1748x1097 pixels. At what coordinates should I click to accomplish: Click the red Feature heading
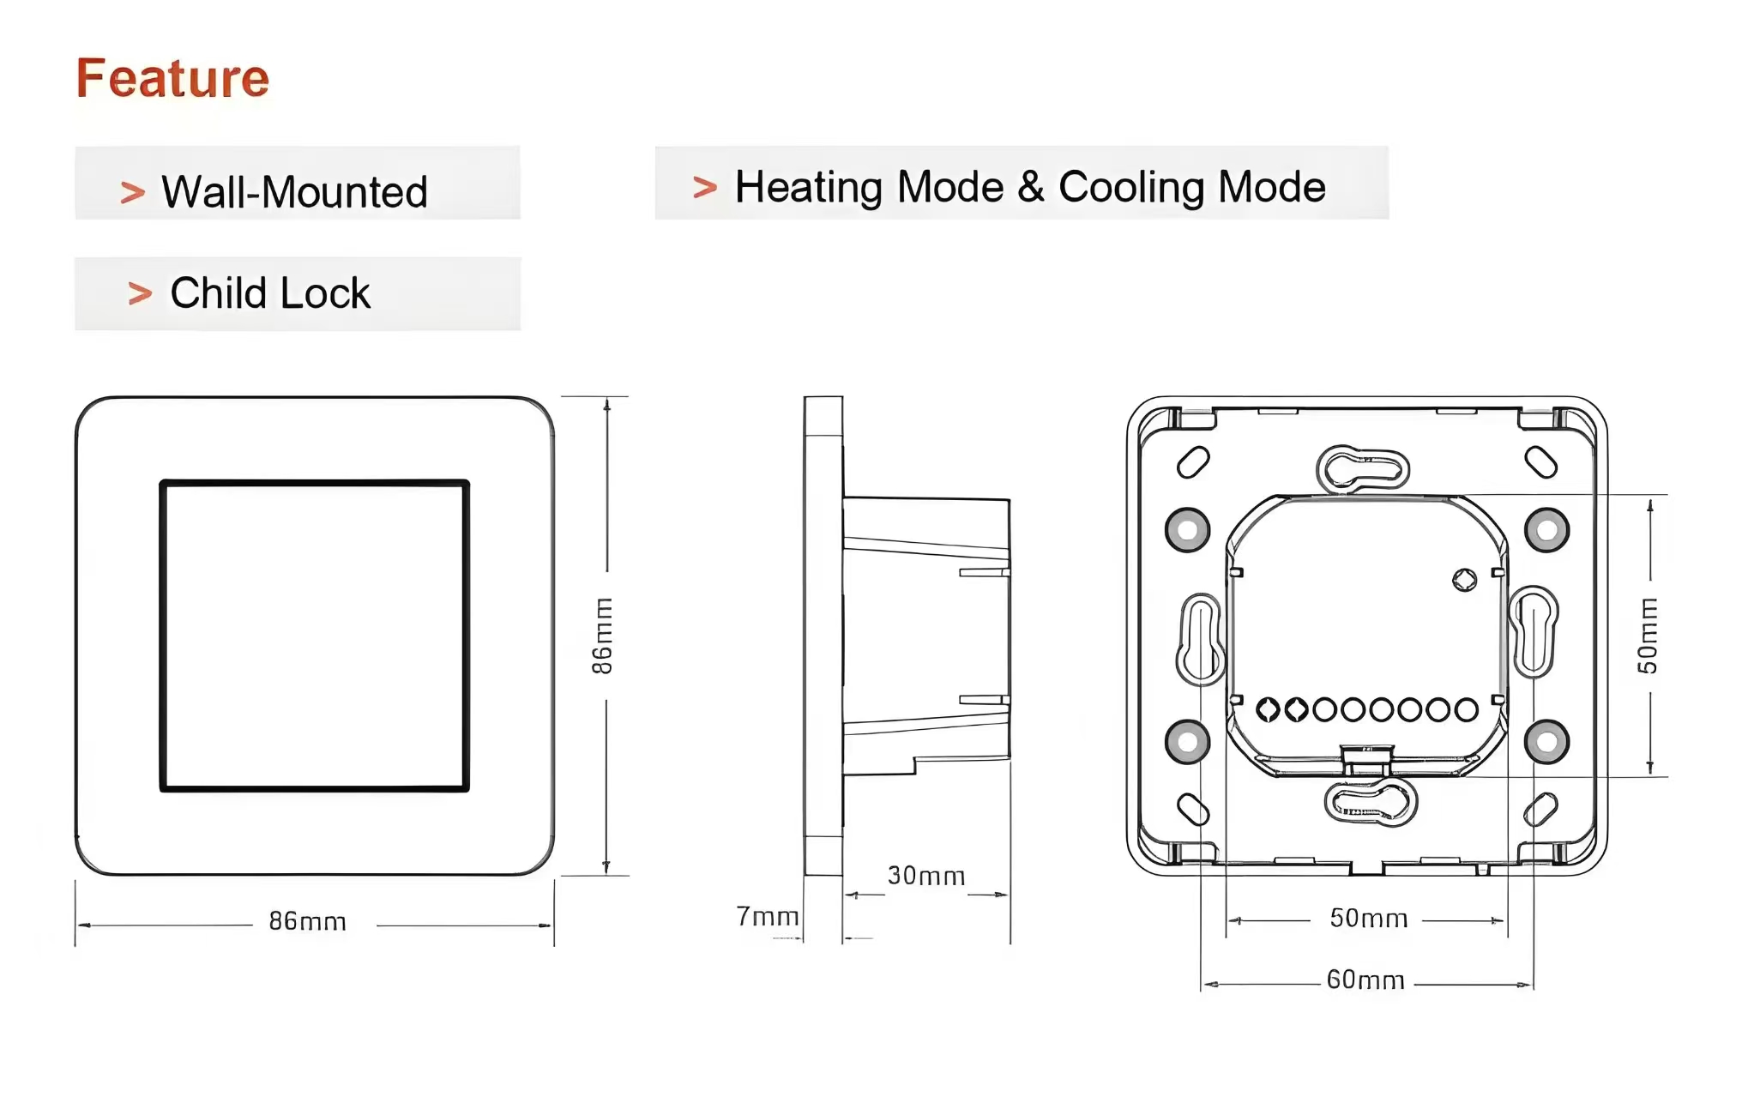click(172, 78)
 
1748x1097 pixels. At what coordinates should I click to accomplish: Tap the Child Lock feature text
click(269, 293)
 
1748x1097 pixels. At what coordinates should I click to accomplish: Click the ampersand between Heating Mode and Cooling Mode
click(1030, 187)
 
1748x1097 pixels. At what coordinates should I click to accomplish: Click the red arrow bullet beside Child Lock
click(140, 294)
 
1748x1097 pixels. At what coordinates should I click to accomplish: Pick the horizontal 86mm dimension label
click(307, 921)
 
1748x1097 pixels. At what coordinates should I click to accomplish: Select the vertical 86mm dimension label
click(603, 636)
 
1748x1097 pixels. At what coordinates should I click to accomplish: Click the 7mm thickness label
click(767, 917)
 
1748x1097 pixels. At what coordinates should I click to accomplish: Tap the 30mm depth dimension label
click(925, 876)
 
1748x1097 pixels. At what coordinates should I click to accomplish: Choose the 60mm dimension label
click(1365, 979)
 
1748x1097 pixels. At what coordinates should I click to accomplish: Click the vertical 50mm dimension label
click(1647, 636)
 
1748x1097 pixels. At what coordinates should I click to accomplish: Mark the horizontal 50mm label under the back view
click(1368, 919)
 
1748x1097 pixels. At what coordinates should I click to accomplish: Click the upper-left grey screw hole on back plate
click(1187, 530)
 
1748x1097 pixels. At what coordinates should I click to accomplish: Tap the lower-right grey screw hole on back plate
click(1546, 742)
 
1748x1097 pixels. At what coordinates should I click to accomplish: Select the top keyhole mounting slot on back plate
click(1362, 469)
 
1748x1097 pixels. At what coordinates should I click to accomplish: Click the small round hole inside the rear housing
click(1464, 581)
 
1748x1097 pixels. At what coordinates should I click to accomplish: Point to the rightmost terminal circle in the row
click(1466, 709)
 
